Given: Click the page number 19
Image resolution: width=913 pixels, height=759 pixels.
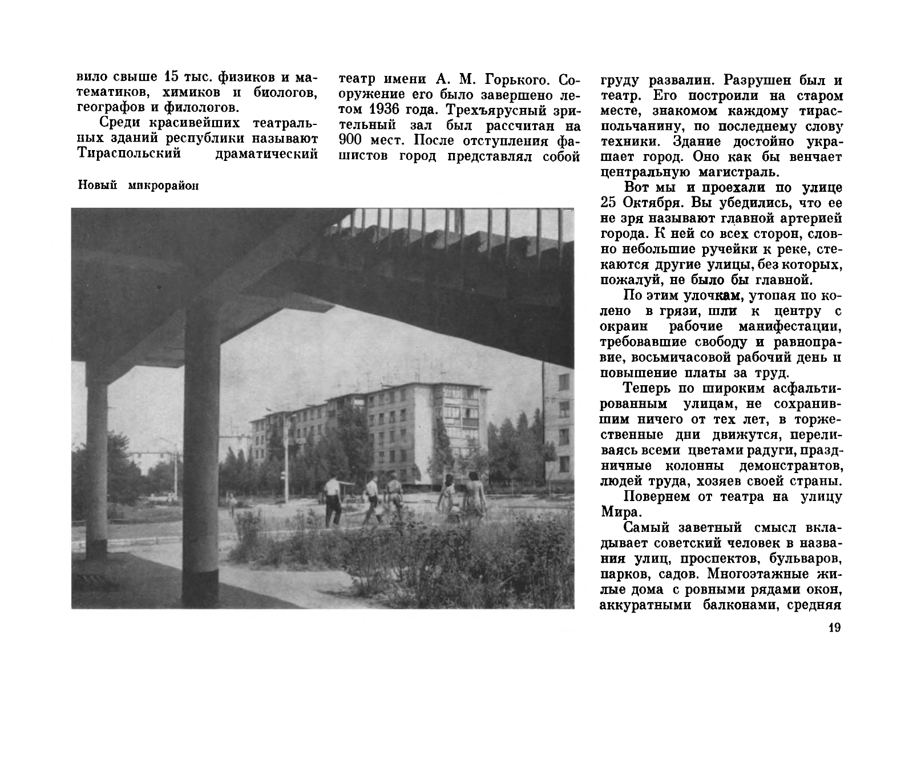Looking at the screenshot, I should point(834,628).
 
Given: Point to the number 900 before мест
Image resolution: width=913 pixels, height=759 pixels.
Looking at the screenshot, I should point(348,140).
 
